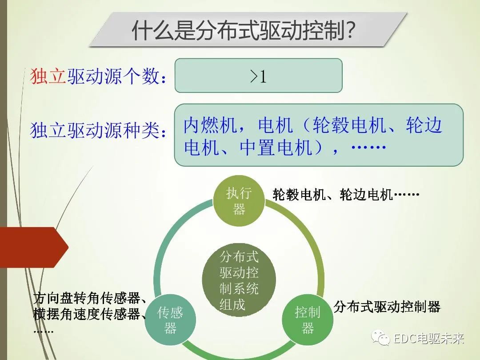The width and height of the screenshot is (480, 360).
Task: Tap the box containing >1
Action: point(258,76)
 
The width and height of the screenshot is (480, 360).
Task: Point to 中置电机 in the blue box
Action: point(276,148)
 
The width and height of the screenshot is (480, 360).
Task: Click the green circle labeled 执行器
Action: point(239,201)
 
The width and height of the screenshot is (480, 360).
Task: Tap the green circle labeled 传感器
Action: point(170,320)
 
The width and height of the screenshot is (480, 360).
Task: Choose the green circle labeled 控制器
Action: point(308,320)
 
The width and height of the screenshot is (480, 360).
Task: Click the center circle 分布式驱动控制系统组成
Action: point(239,280)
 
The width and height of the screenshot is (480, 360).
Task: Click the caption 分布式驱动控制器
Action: point(386,306)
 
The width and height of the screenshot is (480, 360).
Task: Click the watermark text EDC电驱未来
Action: point(428,339)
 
